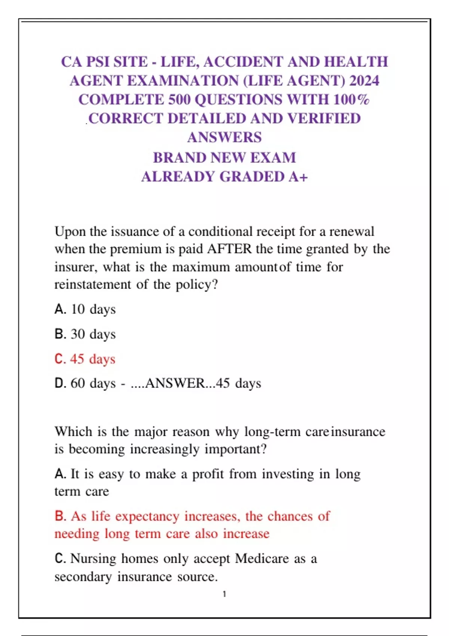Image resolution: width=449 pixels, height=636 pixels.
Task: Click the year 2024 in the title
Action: [x=364, y=81]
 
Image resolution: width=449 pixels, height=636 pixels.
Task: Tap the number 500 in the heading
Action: [x=179, y=100]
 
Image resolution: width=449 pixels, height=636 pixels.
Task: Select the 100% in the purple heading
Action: [x=351, y=100]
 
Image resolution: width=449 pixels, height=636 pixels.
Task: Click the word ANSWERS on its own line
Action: [x=224, y=138]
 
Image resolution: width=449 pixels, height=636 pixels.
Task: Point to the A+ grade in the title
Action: [x=298, y=177]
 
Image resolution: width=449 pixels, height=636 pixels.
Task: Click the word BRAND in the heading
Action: [x=180, y=158]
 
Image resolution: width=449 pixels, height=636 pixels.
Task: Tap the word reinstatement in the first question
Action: [x=92, y=285]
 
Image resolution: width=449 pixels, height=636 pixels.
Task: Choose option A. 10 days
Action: [x=85, y=309]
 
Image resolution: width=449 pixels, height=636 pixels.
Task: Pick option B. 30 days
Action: [x=85, y=334]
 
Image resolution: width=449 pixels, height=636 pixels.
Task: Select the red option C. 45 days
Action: [x=85, y=359]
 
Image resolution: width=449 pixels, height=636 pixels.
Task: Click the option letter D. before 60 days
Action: [x=60, y=383]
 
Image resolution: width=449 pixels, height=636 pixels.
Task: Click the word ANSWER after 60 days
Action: [x=175, y=383]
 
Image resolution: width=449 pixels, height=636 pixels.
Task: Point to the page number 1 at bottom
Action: [x=224, y=594]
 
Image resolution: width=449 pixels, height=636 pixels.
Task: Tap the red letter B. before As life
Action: [x=60, y=516]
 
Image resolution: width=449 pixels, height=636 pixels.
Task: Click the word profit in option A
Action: [x=207, y=474]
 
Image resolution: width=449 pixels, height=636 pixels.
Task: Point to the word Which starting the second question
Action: [x=73, y=432]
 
